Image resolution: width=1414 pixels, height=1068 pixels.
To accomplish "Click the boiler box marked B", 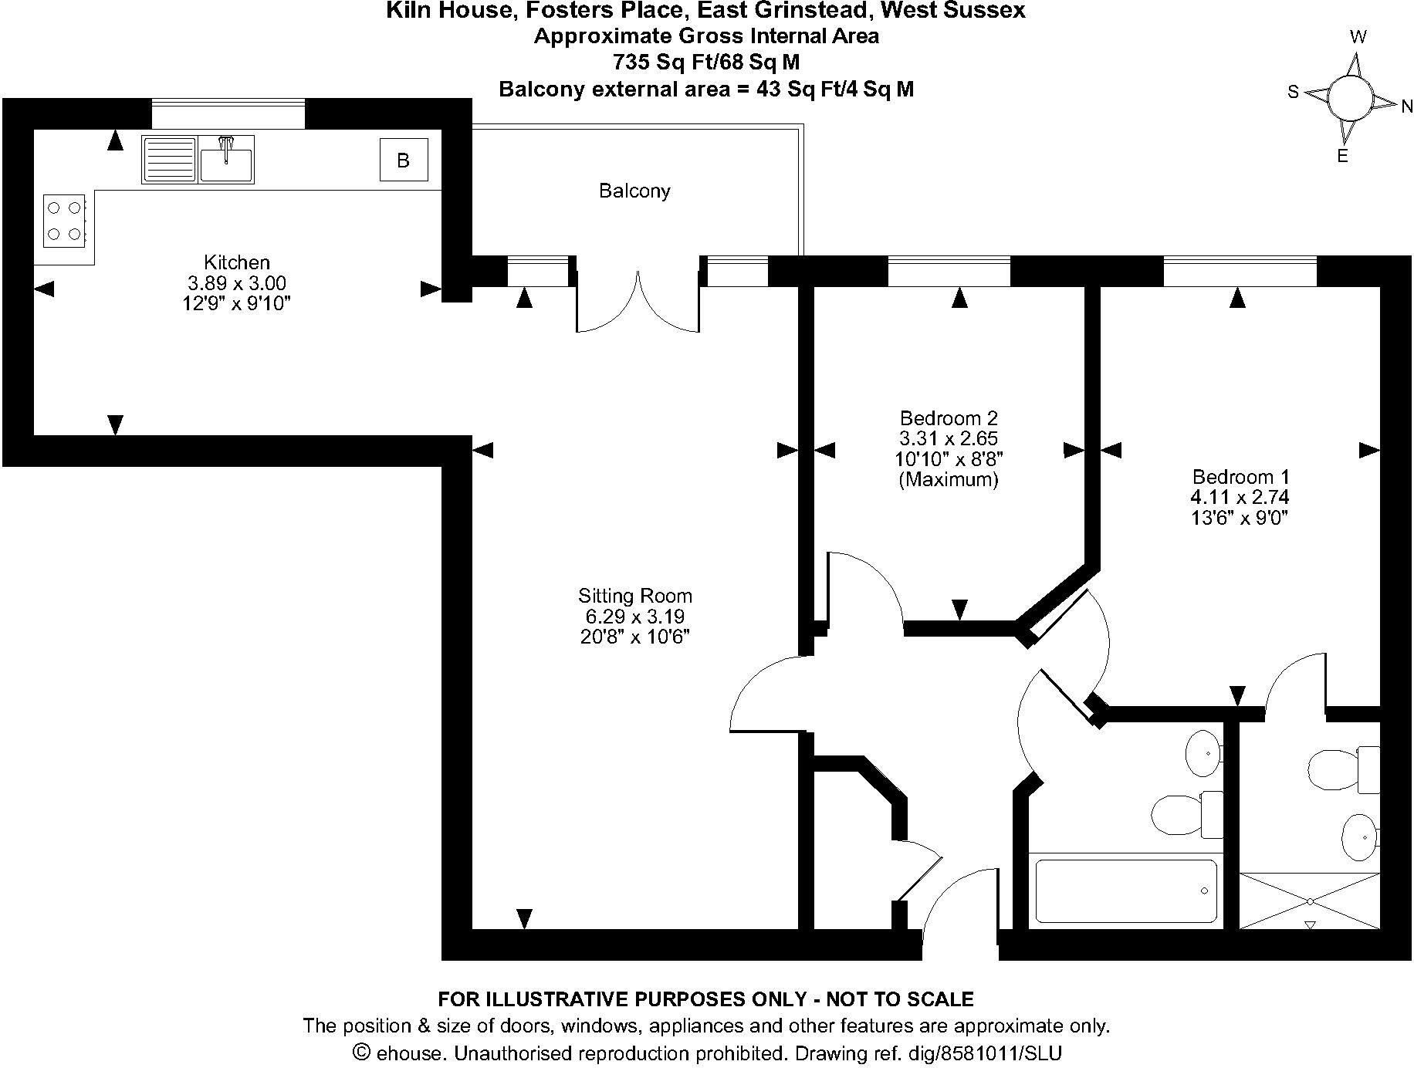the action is [x=403, y=161].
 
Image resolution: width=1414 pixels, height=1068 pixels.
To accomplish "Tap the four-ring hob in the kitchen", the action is [x=64, y=220].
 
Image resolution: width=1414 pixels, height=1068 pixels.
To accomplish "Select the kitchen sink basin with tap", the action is [x=226, y=159].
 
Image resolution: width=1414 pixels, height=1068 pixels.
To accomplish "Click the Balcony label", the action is [x=634, y=191].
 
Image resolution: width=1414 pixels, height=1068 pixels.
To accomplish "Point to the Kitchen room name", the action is [x=237, y=262].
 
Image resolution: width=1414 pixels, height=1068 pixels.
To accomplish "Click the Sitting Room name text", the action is [x=635, y=596].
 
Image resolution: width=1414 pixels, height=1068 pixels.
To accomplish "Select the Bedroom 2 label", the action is [x=949, y=418].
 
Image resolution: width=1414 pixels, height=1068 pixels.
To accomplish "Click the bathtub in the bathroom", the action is [x=1126, y=891].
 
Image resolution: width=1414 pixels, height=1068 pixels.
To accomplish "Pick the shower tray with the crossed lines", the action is [x=1310, y=901].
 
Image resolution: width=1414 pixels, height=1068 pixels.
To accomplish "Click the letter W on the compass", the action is [x=1358, y=37].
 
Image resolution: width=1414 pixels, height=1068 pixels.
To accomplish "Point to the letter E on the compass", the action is [x=1342, y=157].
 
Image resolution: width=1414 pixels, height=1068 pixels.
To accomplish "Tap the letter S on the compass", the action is [x=1293, y=93].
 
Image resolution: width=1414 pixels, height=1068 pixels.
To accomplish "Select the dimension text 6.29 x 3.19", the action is [x=635, y=617].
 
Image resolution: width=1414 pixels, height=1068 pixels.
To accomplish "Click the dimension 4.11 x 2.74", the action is [x=1240, y=498].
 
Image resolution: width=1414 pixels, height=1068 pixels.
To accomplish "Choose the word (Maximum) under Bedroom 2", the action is [x=949, y=480].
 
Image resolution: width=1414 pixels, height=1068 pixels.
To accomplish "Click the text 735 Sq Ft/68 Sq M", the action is [x=706, y=62].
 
